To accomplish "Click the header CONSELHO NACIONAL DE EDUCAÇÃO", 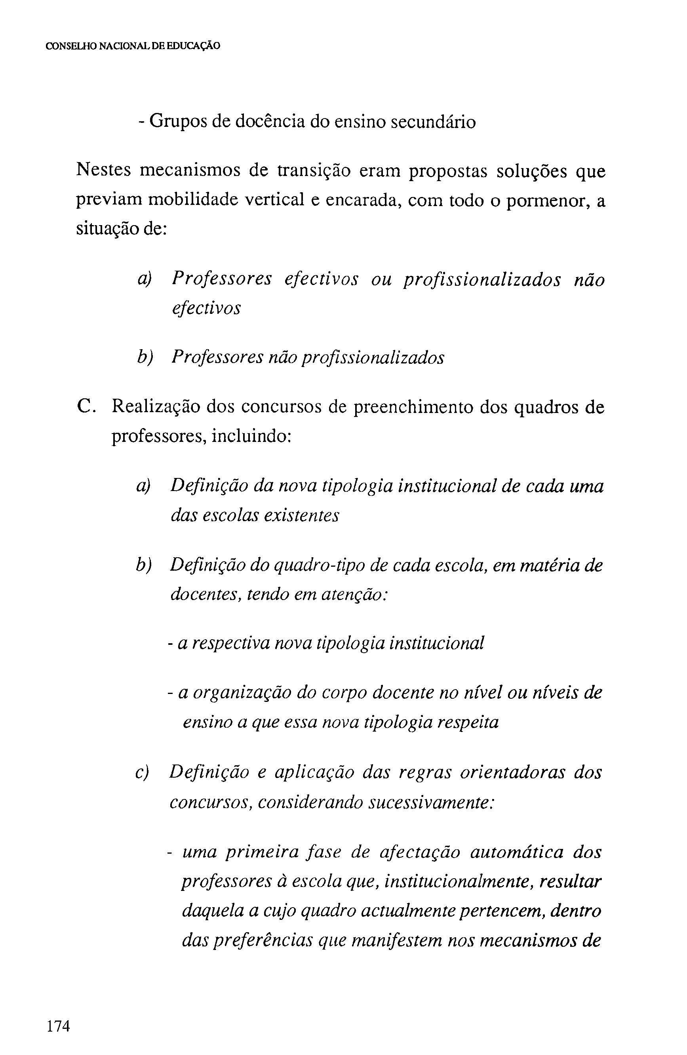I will click(x=133, y=46).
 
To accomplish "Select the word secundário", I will click(x=433, y=121).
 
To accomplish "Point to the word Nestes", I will click(x=104, y=171).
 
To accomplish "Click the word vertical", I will click(x=275, y=201).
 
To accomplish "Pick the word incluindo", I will click(x=251, y=437).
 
